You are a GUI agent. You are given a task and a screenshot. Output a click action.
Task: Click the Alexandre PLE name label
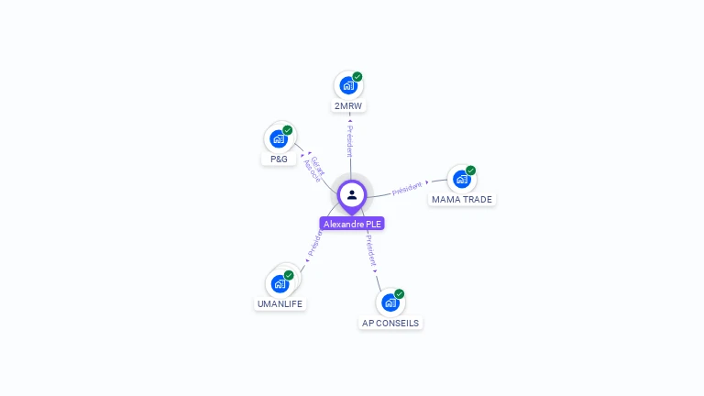click(x=352, y=224)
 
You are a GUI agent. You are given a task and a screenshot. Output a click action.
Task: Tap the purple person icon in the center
click(x=352, y=194)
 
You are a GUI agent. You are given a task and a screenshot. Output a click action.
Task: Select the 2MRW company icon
click(x=347, y=86)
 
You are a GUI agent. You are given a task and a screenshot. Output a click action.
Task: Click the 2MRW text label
click(x=349, y=106)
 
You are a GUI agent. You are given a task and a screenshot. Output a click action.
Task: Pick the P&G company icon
click(x=278, y=139)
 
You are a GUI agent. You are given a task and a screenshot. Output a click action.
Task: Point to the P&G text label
click(x=279, y=159)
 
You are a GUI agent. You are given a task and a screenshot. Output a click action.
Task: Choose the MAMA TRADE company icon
click(x=461, y=179)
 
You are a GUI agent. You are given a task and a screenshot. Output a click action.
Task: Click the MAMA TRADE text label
click(x=462, y=199)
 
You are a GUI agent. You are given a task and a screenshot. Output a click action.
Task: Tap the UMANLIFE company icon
click(x=280, y=283)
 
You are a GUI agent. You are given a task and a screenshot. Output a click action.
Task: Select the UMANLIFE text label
click(x=280, y=303)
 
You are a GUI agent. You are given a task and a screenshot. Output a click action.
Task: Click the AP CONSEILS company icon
click(x=390, y=302)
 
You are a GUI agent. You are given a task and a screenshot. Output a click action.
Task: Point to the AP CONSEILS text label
click(x=390, y=323)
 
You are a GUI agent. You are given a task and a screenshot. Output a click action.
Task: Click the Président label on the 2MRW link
click(x=349, y=141)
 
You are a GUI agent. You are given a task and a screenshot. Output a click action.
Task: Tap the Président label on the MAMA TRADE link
click(x=407, y=188)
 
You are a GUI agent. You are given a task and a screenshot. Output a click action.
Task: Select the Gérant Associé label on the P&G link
click(x=313, y=168)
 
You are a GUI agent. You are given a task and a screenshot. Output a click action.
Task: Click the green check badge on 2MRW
click(x=357, y=77)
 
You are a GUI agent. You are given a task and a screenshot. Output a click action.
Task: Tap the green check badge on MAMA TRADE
click(x=471, y=170)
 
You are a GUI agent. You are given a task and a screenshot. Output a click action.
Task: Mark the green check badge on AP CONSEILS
click(x=400, y=294)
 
